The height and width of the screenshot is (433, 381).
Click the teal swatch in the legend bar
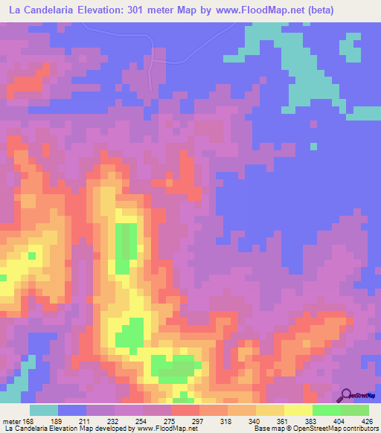coord(44,410)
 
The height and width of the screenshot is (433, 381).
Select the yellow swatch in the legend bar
coord(298,410)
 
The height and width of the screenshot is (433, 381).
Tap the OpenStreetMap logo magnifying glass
coord(346,394)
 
